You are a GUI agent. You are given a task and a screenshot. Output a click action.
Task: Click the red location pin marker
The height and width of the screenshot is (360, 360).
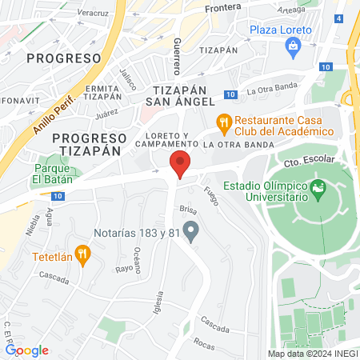click(x=180, y=165)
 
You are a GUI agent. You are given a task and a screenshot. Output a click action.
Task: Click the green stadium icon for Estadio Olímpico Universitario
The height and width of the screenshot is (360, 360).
click(x=319, y=192)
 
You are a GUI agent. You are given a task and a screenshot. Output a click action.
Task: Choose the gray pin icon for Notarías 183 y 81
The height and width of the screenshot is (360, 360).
click(x=190, y=232)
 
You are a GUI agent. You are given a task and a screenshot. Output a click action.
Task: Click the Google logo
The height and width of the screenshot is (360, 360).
click(x=27, y=350)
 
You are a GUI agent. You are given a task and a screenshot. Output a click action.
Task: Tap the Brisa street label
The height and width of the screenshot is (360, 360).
click(x=188, y=209)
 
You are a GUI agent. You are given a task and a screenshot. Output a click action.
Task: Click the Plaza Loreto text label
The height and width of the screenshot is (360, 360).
click(x=280, y=30)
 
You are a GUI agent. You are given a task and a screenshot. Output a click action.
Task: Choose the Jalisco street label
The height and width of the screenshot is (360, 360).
click(x=127, y=78)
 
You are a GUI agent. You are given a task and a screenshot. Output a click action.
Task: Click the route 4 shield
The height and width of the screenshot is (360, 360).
click(x=339, y=18)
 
